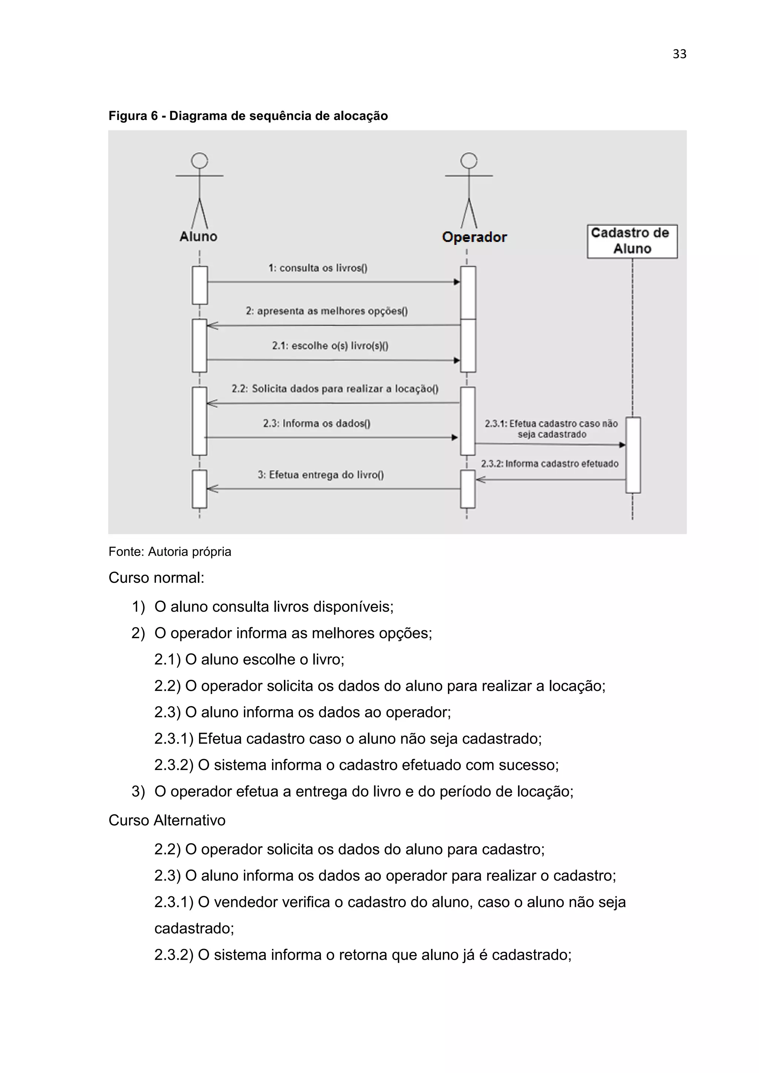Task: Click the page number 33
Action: point(679,54)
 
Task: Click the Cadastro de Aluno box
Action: point(632,241)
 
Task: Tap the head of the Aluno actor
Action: point(199,161)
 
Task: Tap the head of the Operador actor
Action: point(469,161)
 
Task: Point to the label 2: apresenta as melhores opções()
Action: point(327,311)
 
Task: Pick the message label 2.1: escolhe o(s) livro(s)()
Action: point(330,346)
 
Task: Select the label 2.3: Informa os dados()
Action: point(316,423)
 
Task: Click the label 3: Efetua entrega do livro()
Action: point(321,475)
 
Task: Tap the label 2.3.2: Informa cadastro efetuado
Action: point(550,464)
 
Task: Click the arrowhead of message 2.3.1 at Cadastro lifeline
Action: point(622,445)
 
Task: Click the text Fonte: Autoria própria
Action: point(170,552)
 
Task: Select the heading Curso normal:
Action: point(156,578)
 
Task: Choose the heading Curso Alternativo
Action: point(167,820)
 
